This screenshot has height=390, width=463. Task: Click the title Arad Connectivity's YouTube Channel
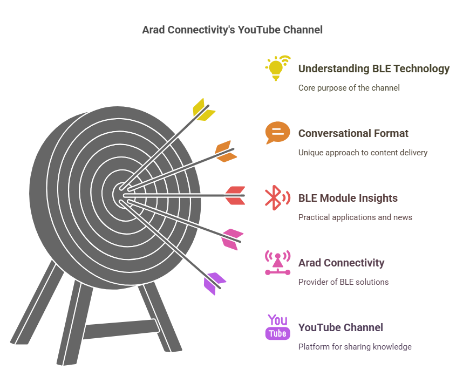(x=232, y=30)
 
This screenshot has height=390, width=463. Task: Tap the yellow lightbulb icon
(x=276, y=69)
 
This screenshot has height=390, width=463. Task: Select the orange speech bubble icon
(x=277, y=133)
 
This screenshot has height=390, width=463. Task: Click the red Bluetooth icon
(x=277, y=197)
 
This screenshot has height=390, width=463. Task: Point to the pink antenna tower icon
(x=277, y=263)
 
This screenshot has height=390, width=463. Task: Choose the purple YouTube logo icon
(x=277, y=327)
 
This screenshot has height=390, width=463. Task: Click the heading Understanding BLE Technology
(x=374, y=69)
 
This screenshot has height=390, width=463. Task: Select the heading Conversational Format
(x=353, y=133)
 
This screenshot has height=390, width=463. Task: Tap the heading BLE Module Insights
(x=348, y=198)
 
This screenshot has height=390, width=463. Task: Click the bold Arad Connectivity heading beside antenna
(x=342, y=263)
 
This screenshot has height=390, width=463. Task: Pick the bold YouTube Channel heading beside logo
(x=341, y=327)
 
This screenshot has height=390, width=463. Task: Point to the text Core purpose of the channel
(x=349, y=88)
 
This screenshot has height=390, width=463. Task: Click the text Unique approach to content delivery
(x=363, y=152)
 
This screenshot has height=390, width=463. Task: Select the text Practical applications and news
(x=355, y=217)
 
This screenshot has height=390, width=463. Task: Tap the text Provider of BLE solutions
(x=343, y=282)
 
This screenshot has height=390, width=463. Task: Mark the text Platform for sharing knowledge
(x=355, y=346)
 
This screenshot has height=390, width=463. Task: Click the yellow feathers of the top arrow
(x=203, y=110)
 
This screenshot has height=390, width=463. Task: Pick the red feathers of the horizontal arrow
(x=235, y=195)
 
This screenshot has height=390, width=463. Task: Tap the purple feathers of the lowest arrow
(x=214, y=283)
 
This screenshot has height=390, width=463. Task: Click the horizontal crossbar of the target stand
(x=121, y=329)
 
